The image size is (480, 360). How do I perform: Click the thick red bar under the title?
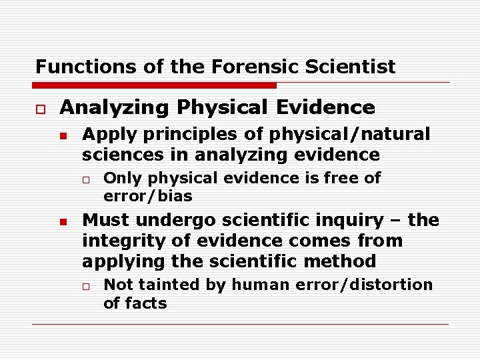[x=155, y=85]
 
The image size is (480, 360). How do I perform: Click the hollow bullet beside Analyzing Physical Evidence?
[x=40, y=108]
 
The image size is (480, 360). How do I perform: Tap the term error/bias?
[x=147, y=196]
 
